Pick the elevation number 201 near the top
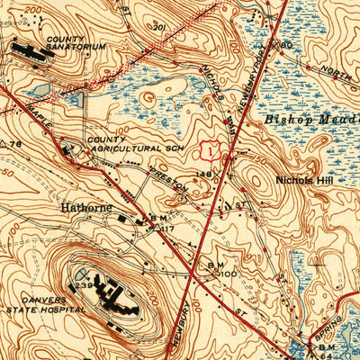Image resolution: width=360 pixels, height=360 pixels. coord(160,27)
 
